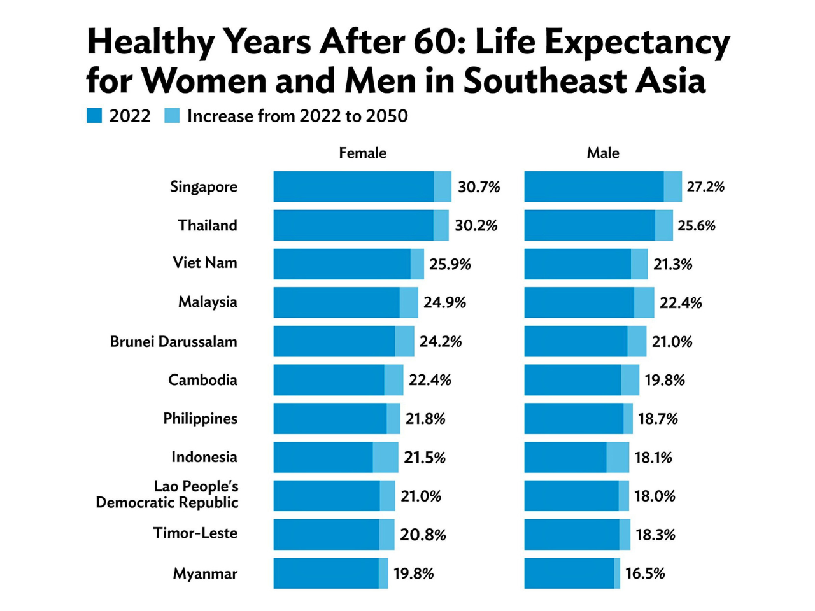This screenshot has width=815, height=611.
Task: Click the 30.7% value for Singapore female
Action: (x=479, y=187)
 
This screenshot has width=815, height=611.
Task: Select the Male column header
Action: (x=602, y=153)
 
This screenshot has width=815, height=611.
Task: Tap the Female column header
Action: (x=362, y=153)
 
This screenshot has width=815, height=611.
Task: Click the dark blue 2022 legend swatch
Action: (x=94, y=116)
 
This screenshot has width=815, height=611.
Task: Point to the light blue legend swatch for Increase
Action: (x=172, y=116)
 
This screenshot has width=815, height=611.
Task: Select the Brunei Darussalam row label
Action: (x=173, y=342)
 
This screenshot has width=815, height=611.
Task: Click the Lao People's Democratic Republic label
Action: (x=167, y=495)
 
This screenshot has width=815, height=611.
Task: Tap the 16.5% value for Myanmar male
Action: (x=644, y=573)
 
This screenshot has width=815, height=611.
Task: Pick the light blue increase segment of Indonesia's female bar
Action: (x=385, y=458)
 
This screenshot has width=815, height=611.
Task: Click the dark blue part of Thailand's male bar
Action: (x=590, y=225)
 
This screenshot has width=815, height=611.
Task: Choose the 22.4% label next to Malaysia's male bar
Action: (x=680, y=303)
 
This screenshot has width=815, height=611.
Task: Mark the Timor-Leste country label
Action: (x=195, y=533)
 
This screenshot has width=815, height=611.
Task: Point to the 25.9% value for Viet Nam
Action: (x=450, y=264)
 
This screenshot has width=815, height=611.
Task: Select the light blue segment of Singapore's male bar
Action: (x=672, y=187)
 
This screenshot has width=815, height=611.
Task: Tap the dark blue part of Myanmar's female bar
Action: (x=326, y=573)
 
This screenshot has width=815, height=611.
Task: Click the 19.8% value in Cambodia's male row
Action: (x=664, y=381)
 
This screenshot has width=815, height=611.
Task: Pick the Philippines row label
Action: (x=200, y=419)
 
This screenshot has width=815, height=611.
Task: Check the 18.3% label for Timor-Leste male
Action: (x=655, y=535)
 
